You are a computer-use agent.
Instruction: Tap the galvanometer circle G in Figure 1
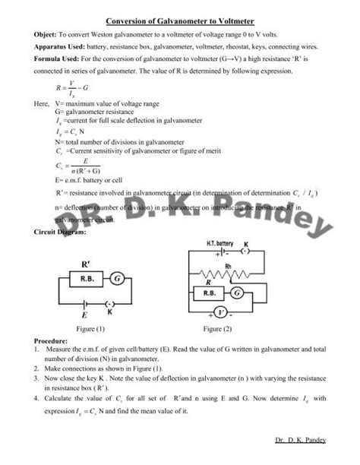point(118,280)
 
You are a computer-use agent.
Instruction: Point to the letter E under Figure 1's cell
point(84,314)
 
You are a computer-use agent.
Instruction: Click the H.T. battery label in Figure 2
point(220,244)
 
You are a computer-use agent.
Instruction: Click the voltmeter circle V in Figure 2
point(219,312)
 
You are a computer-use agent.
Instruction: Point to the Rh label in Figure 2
point(226,264)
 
